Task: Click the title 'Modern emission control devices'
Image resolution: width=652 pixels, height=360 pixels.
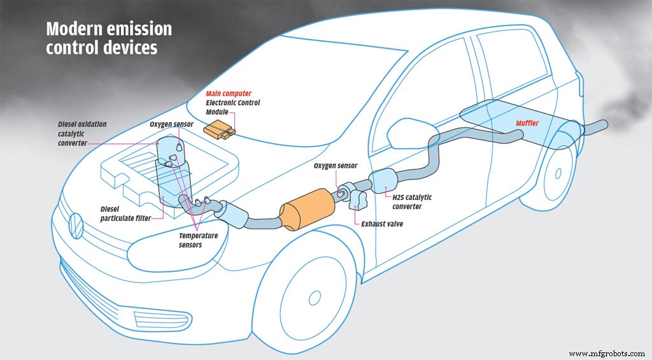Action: click(x=108, y=39)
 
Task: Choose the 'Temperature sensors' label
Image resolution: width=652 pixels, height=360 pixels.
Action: click(x=197, y=240)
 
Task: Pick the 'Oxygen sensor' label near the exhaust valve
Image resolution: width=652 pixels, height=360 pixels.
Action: click(x=336, y=166)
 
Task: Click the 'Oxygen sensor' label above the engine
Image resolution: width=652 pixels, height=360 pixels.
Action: click(x=172, y=124)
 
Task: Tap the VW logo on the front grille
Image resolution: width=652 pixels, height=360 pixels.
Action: click(x=75, y=224)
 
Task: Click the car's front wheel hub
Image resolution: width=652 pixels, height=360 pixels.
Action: click(x=314, y=298)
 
